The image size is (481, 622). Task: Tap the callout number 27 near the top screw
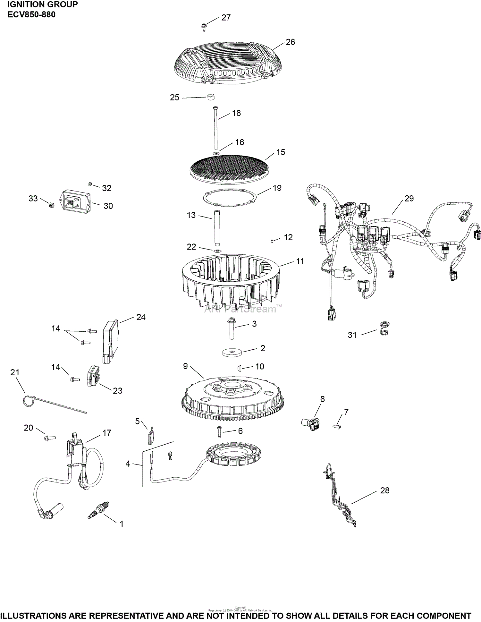tap(226, 18)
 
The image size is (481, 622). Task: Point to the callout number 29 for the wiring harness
tap(409, 199)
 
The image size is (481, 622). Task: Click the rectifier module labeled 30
tap(76, 200)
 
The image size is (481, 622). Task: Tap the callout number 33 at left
tap(33, 199)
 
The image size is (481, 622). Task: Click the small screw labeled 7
tap(337, 426)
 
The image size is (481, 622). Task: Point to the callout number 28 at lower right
tap(384, 490)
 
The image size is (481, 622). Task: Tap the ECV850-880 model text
tap(31, 15)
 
